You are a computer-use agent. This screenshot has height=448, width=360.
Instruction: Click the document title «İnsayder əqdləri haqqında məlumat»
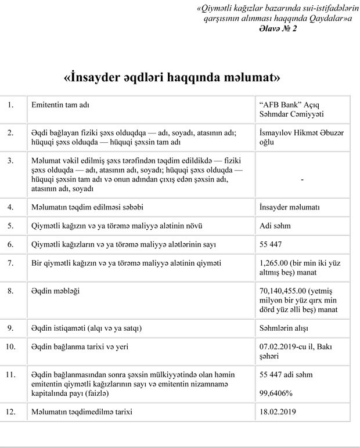180,77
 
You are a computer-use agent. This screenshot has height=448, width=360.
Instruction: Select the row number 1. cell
10,106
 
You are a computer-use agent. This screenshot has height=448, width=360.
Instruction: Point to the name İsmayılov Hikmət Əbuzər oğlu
302,137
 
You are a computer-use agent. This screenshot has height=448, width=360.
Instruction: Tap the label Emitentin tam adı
63,105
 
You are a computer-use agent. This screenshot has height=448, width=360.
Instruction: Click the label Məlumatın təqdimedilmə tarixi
82,412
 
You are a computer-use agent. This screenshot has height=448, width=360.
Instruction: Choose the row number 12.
12,412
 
